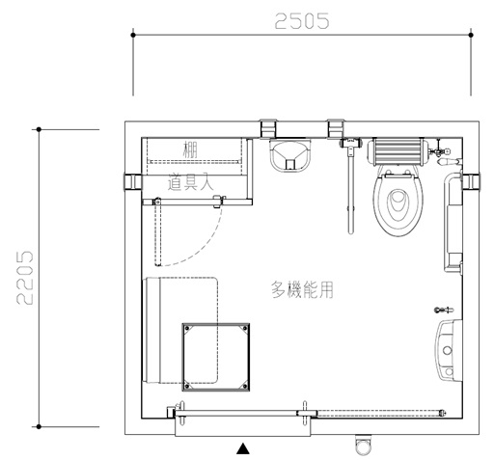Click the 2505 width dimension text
[302, 21]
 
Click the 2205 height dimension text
[25, 278]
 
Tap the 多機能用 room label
[302, 289]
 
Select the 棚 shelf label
[190, 149]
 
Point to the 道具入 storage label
[190, 182]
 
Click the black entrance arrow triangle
[243, 448]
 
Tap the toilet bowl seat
[398, 202]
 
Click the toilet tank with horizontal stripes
[398, 151]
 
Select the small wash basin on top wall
[290, 154]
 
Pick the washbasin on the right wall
[449, 350]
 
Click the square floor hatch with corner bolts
[216, 357]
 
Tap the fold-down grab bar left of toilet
[350, 186]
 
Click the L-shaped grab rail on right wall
[449, 222]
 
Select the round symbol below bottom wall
[363, 446]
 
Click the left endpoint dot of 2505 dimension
[133, 35]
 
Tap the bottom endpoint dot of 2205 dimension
[39, 427]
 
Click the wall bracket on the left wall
[132, 182]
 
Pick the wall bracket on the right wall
[471, 181]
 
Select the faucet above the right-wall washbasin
[444, 311]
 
